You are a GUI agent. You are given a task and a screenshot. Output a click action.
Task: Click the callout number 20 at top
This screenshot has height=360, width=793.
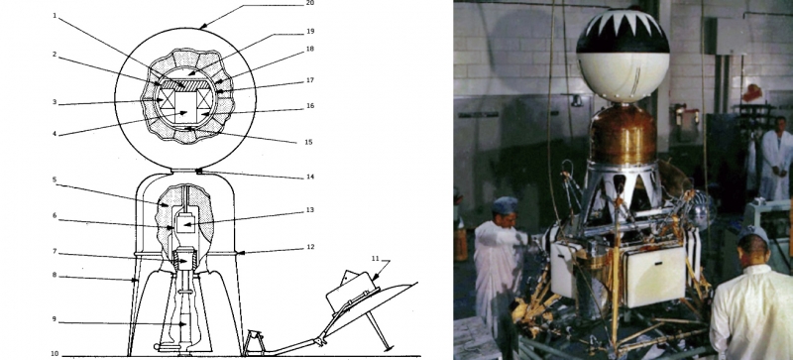[x=310, y=3]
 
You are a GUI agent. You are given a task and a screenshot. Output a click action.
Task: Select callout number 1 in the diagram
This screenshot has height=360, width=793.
[x=55, y=15]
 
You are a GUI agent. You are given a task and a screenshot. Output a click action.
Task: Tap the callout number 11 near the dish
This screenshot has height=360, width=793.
[x=375, y=258]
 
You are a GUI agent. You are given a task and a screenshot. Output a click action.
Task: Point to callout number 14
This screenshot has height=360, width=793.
[x=310, y=177]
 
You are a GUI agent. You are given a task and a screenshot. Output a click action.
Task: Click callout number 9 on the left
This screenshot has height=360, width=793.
[x=54, y=319]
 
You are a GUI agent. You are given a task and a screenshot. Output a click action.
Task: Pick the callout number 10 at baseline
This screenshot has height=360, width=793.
[x=55, y=354]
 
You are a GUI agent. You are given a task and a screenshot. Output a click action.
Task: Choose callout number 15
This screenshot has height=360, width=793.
[x=308, y=142]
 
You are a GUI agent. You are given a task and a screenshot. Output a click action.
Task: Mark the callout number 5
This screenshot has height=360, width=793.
[x=55, y=185]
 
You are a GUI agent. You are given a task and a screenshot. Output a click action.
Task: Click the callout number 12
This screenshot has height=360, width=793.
[x=310, y=247]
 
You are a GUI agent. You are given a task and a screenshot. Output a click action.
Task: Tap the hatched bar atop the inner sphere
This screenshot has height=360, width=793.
[x=184, y=84]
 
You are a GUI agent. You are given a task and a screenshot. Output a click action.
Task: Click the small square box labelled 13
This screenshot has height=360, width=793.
[x=185, y=223]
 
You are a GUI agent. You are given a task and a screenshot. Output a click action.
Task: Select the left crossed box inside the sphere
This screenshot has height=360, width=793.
[x=167, y=99]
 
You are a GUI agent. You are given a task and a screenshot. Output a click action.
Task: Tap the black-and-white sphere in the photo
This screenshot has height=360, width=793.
[x=623, y=56]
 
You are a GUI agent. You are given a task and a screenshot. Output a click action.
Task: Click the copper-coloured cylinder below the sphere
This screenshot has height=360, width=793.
[x=623, y=134]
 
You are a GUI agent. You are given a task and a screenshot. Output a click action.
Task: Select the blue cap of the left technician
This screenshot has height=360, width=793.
[x=506, y=205]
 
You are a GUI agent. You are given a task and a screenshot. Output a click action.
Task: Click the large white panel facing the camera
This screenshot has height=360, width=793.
[x=654, y=276]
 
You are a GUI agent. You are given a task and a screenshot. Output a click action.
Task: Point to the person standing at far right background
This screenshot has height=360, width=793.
[x=775, y=158]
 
